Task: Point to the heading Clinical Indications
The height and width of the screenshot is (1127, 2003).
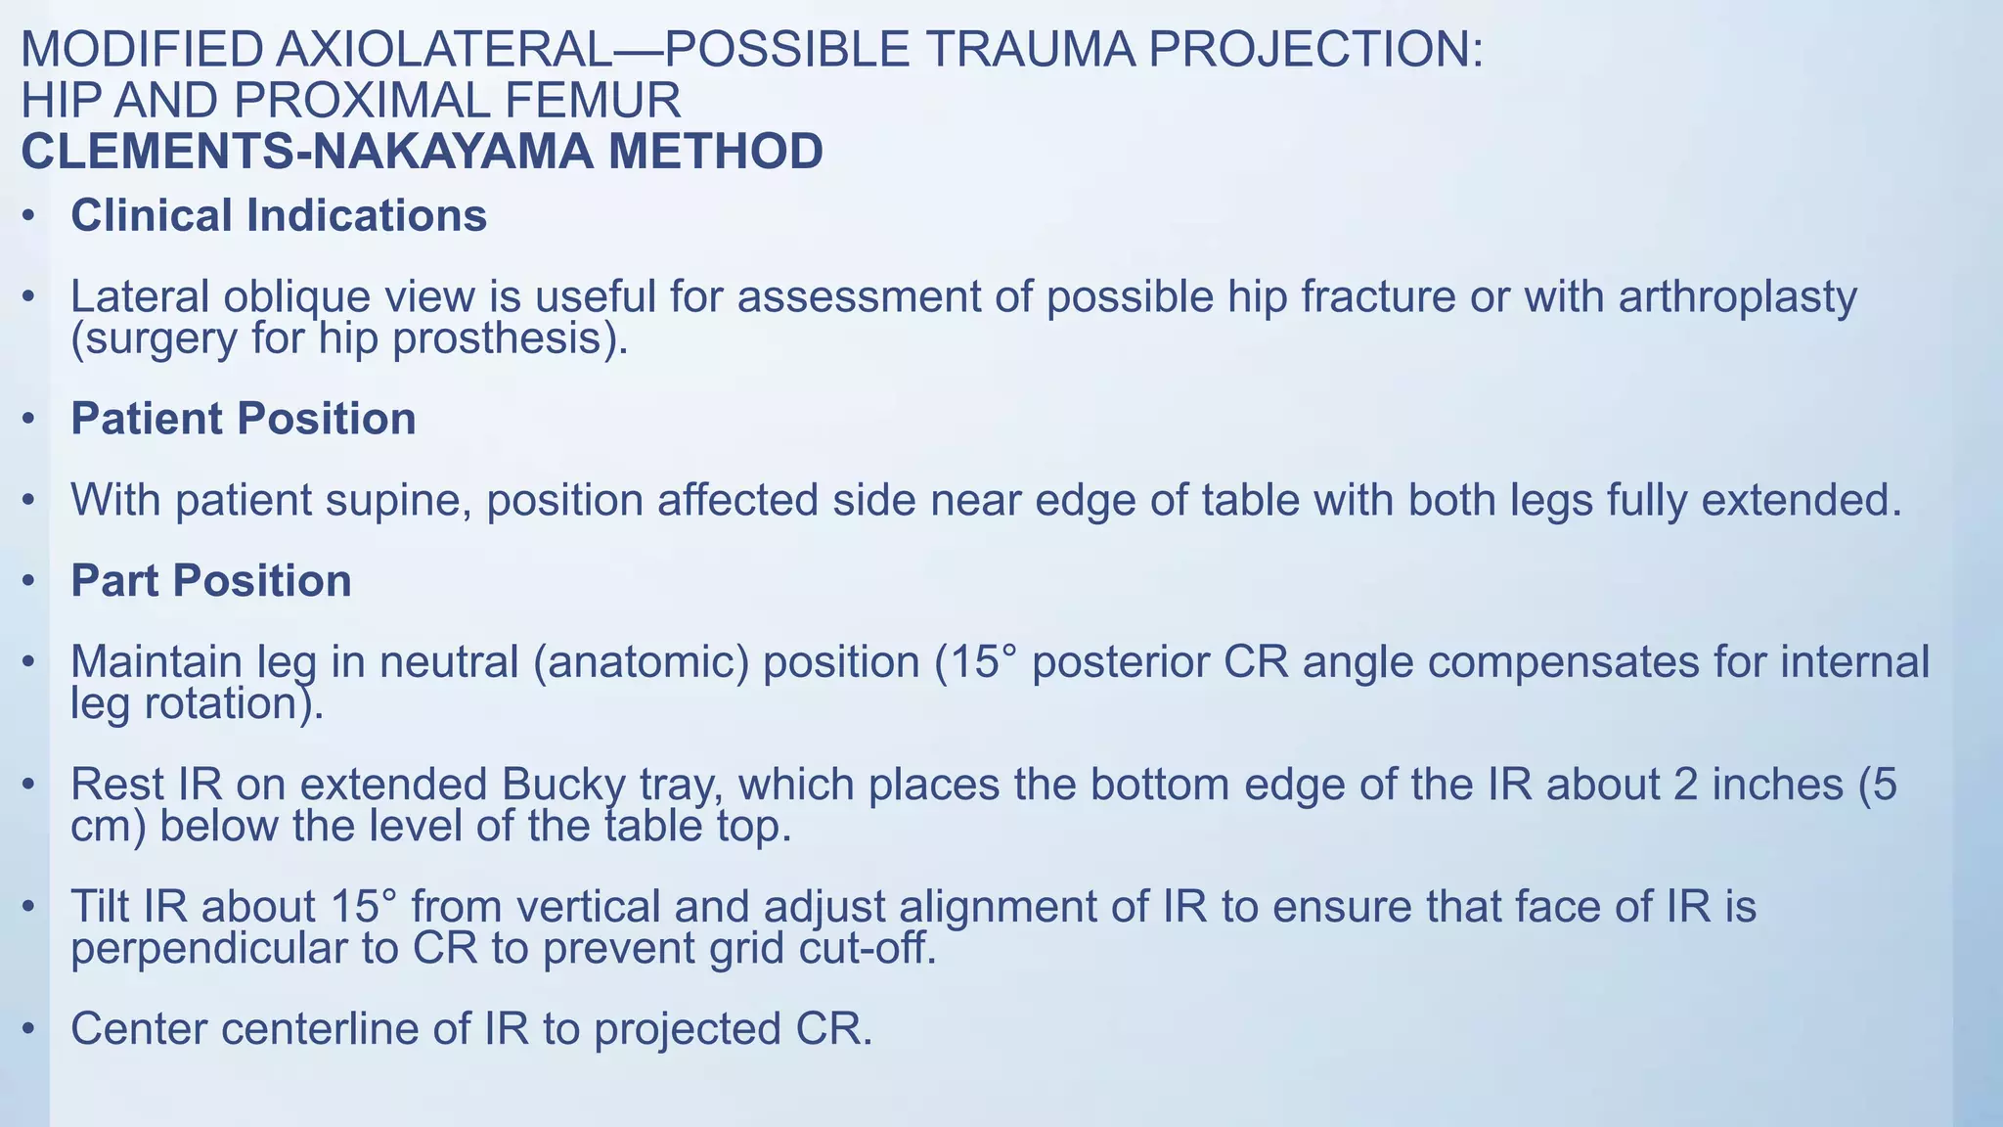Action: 279,216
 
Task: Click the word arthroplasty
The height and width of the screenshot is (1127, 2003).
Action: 1737,296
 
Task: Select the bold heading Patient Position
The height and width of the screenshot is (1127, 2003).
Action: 244,420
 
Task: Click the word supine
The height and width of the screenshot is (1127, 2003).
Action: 398,501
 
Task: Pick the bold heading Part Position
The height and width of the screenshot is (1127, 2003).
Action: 211,581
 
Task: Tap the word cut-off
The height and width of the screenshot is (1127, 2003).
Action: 866,949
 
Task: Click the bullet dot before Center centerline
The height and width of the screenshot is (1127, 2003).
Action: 31,1029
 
